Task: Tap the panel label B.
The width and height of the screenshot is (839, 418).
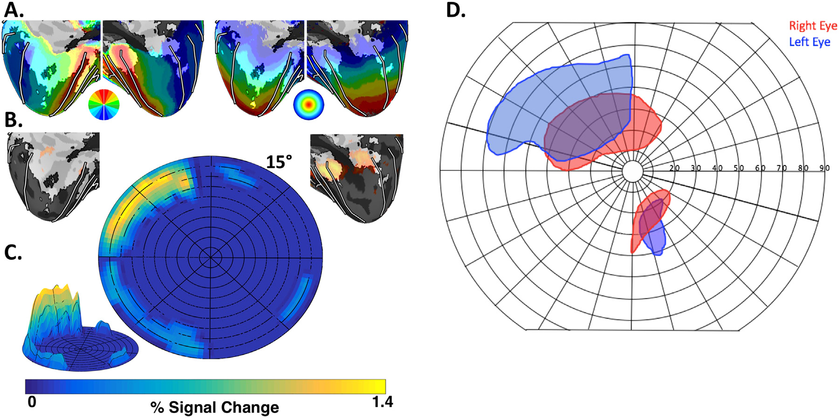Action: (x=13, y=120)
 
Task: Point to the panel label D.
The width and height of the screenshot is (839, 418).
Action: (x=455, y=10)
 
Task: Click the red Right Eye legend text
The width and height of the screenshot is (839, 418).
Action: (x=812, y=26)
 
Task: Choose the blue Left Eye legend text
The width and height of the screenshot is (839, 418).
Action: (x=809, y=42)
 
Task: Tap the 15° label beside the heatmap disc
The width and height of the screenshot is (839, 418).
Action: (x=279, y=162)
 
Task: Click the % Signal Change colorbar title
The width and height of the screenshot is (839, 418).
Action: (x=214, y=407)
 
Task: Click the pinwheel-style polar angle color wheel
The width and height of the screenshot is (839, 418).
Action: (x=103, y=104)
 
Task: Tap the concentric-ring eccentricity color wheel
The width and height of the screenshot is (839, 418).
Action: (x=308, y=105)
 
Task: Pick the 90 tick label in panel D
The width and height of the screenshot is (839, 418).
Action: (x=824, y=168)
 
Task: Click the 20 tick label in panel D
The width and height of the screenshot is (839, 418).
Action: (x=674, y=168)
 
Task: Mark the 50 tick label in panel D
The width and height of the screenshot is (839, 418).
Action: (x=738, y=168)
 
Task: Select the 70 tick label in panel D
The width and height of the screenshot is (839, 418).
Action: (x=781, y=168)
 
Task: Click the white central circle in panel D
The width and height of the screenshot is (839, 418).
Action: (x=633, y=171)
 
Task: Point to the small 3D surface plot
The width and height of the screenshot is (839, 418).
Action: (x=79, y=331)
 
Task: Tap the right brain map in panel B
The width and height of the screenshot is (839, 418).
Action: (x=357, y=177)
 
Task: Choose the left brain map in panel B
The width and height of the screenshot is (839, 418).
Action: (x=54, y=175)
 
